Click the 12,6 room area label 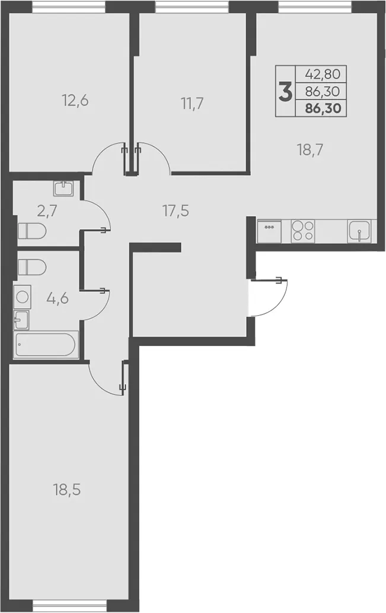[75, 101]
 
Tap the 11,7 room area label [192, 104]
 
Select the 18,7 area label [310, 150]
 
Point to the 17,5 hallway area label [176, 211]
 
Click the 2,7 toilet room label [47, 211]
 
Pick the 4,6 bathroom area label [58, 298]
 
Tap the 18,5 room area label [67, 490]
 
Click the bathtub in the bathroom [46, 344]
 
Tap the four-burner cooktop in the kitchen [303, 231]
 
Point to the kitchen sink [359, 231]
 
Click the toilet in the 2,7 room [32, 231]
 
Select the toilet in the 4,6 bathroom [32, 267]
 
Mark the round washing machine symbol [23, 297]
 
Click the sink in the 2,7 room [63, 189]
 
